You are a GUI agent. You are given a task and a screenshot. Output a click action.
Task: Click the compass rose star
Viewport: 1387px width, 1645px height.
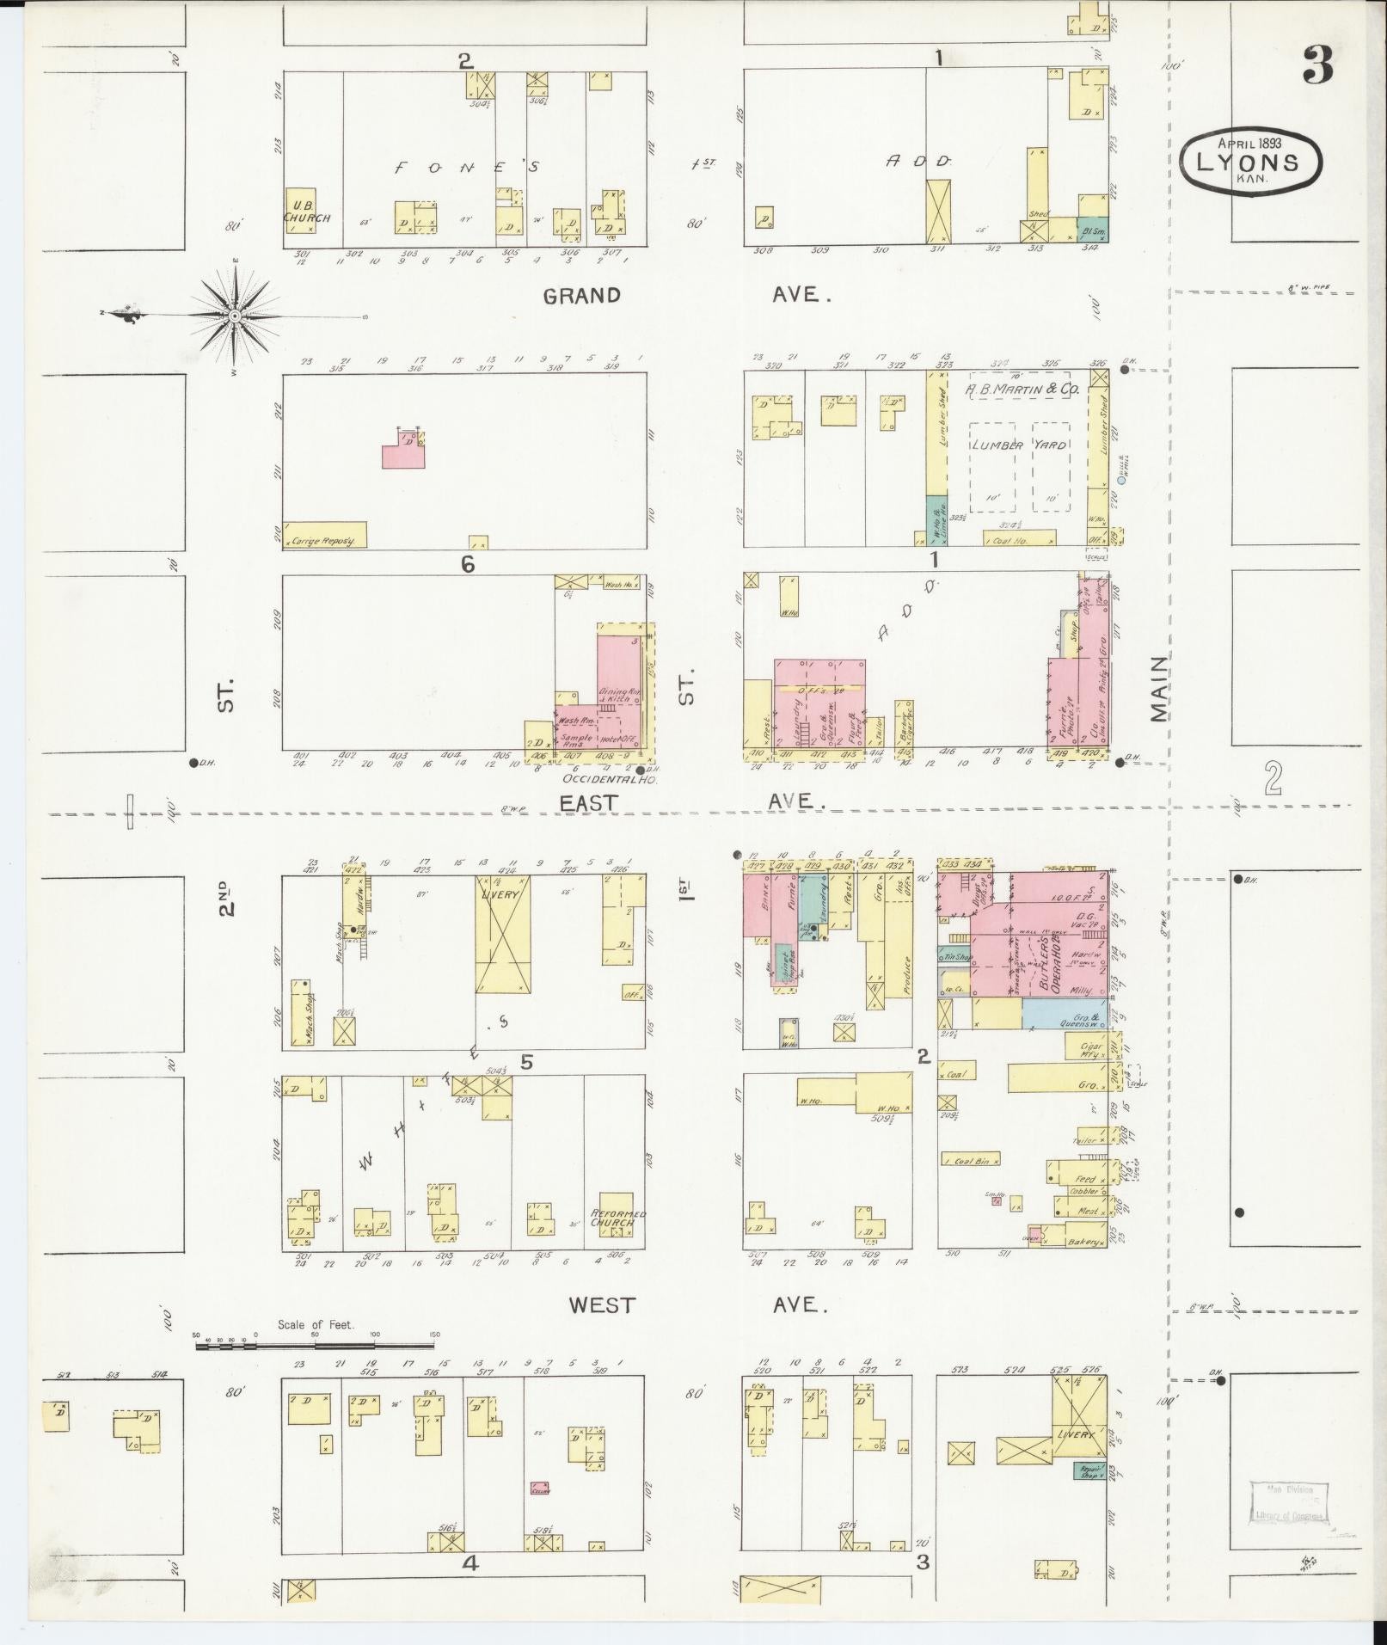point(234,315)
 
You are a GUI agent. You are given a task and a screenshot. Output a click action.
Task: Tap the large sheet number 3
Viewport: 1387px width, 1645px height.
point(1317,66)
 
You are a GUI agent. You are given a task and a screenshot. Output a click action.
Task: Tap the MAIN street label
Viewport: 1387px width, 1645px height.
point(1158,688)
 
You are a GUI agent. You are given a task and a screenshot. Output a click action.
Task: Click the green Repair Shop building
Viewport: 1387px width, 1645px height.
point(1089,1470)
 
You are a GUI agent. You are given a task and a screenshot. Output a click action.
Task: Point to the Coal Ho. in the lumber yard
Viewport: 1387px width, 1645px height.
point(1019,537)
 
